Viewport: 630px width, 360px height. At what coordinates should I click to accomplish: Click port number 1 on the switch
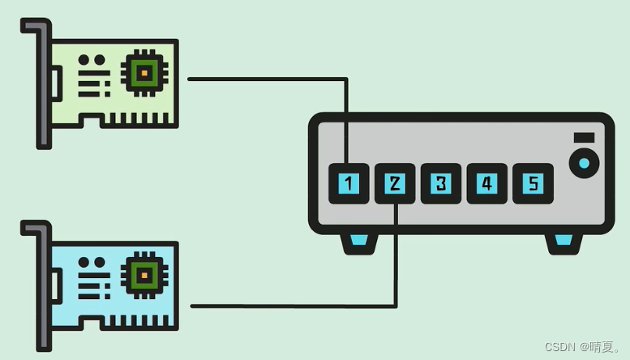[x=349, y=183]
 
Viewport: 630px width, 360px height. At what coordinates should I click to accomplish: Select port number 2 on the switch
[x=395, y=183]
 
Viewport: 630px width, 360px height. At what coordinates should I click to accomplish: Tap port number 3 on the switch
[x=440, y=183]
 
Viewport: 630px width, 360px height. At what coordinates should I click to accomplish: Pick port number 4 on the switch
[x=486, y=183]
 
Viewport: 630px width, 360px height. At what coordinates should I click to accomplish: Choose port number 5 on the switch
[x=533, y=183]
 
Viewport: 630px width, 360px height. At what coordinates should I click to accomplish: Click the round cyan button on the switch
[x=584, y=163]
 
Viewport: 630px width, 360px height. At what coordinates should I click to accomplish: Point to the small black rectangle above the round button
[x=584, y=138]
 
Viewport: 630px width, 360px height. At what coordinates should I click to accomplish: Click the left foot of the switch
[x=358, y=242]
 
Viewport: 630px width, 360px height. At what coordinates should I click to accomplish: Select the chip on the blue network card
[x=143, y=276]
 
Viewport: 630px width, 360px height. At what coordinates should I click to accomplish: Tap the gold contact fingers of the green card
[x=143, y=119]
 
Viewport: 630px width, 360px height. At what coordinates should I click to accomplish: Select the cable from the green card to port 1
[x=268, y=79]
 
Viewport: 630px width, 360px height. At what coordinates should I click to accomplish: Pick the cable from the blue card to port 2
[x=292, y=306]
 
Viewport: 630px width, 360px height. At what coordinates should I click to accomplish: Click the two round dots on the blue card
[x=95, y=263]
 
